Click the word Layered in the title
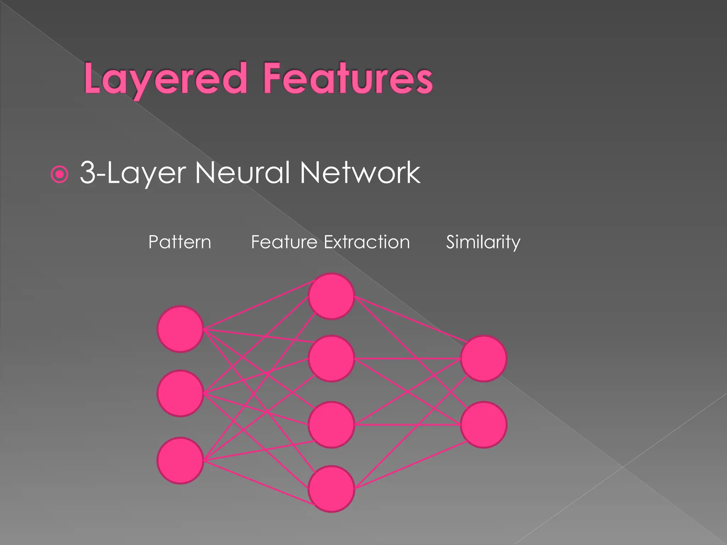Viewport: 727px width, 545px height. [x=165, y=79]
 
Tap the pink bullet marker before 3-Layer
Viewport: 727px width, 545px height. [x=59, y=174]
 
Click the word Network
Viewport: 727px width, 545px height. [x=360, y=173]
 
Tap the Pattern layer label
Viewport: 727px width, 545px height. [x=180, y=242]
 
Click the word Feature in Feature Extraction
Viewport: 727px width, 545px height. [x=284, y=242]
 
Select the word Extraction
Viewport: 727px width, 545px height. [x=367, y=242]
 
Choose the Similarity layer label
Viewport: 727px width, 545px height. [x=483, y=242]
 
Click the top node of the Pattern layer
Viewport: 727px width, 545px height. [x=180, y=329]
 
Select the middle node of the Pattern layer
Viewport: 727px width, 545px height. [x=180, y=393]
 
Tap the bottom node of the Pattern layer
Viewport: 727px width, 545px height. [x=180, y=461]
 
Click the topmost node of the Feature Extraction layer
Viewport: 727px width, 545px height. [x=331, y=296]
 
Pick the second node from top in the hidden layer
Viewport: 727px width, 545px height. [x=331, y=359]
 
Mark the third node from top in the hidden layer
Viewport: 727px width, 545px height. [x=331, y=425]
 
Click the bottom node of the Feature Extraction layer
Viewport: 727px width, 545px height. [x=331, y=489]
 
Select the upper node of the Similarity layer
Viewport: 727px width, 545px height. [x=483, y=359]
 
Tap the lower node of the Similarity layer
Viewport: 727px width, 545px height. [x=483, y=425]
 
